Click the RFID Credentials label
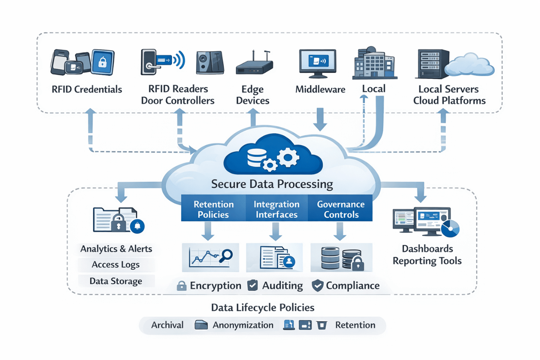[x=87, y=89]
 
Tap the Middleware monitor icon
[x=317, y=63]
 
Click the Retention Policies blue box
[x=213, y=209]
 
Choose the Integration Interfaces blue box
[x=276, y=209]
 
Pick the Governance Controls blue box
[x=341, y=209]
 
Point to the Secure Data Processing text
[x=272, y=184]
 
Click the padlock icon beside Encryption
[x=181, y=286]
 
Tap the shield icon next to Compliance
[x=317, y=285]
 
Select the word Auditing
[x=282, y=285]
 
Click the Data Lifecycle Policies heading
[x=262, y=307]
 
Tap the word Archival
[x=167, y=325]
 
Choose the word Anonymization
[x=243, y=325]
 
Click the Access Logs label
[x=116, y=265]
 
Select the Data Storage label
[x=116, y=281]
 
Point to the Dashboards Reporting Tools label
[x=427, y=255]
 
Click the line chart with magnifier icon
[x=211, y=257]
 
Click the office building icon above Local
[x=374, y=64]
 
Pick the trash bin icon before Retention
[x=322, y=325]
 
